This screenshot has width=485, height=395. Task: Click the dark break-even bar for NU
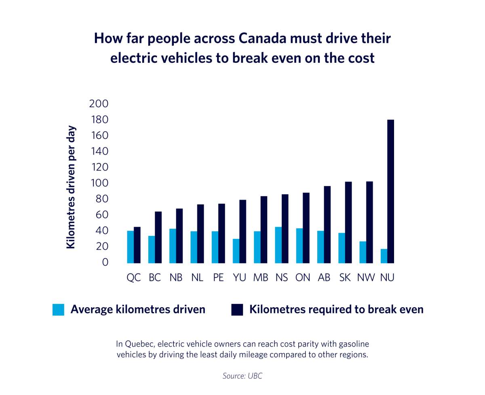390,191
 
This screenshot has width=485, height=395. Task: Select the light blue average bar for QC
131,247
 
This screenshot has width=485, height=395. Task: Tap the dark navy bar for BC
158,237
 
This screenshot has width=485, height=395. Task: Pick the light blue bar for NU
384,256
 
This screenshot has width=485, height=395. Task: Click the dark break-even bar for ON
306,228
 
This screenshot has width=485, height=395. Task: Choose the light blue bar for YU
236,251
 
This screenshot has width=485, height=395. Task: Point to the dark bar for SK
348,222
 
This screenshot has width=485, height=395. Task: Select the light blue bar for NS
278,245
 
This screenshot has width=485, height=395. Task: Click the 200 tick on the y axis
99,104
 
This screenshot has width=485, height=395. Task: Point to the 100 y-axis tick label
99,183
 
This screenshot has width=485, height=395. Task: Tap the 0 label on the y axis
105,262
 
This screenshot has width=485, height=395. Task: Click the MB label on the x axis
261,278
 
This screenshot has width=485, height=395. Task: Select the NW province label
366,278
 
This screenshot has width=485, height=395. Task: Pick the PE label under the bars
218,278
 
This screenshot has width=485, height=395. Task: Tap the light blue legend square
58,310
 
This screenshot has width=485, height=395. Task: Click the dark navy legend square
237,310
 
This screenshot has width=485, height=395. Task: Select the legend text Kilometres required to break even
336,310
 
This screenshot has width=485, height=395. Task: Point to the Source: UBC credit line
242,376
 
